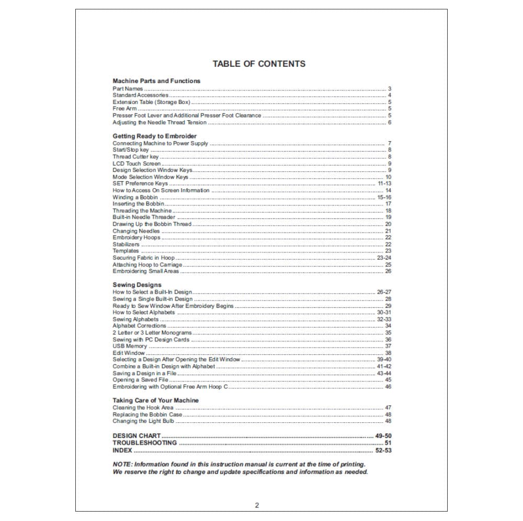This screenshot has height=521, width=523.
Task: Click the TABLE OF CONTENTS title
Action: (259, 64)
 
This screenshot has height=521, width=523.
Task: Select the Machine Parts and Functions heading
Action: (156, 81)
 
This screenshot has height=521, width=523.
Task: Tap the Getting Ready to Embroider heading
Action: (155, 136)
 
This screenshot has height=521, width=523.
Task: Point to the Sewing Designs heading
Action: (137, 285)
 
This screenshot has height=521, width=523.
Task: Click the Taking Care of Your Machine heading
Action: (156, 400)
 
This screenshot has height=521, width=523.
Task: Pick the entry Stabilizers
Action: (126, 244)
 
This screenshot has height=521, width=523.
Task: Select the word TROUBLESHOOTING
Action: (145, 443)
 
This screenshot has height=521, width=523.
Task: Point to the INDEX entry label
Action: (122, 450)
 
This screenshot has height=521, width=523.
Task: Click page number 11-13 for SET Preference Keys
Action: (384, 184)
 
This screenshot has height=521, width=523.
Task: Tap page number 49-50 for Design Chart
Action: (383, 436)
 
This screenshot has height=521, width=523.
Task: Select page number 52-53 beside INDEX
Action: (383, 450)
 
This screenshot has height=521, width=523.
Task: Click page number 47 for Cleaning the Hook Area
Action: (388, 407)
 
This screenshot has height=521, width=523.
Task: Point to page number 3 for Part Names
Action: (390, 89)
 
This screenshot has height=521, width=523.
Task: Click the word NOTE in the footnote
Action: (122, 464)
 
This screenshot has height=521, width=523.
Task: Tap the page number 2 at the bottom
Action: (257, 505)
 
